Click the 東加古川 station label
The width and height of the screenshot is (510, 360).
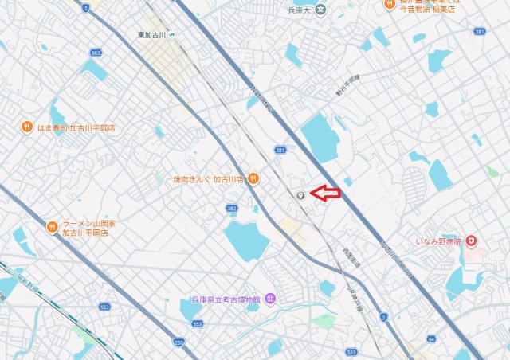tap(151, 35)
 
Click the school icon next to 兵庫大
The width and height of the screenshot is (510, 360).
tap(320, 10)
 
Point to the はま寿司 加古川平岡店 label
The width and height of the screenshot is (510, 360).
tap(74, 127)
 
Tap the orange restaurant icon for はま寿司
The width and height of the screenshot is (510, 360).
tap(26, 127)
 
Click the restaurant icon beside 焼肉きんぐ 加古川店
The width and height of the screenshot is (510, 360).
tap(253, 178)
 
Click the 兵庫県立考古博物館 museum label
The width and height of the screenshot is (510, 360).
tap(226, 299)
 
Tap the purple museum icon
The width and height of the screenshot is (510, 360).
tap(270, 299)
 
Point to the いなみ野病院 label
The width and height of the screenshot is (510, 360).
tap(438, 240)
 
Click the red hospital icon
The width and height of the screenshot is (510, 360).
tap(472, 240)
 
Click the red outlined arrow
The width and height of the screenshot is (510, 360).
tap(325, 192)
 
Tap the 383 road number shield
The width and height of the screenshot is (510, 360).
tap(96, 53)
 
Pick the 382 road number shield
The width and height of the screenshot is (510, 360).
tap(231, 208)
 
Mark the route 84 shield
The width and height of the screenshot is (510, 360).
tap(431, 339)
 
